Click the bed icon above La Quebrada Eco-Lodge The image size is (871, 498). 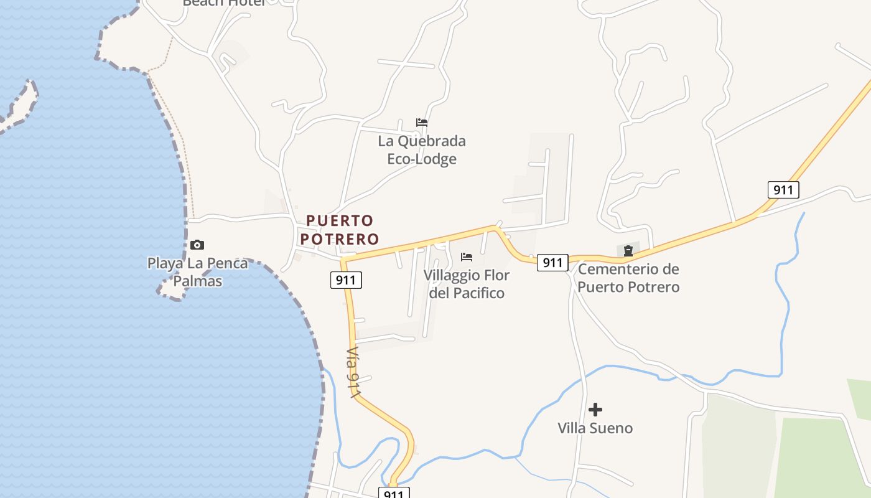[422, 123]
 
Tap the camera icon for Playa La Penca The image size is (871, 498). [197, 245]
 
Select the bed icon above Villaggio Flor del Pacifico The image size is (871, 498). [467, 257]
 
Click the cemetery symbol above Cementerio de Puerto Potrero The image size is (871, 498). [628, 251]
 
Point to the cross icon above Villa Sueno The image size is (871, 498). [595, 410]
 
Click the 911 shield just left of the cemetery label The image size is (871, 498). [552, 263]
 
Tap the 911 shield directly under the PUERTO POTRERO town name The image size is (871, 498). [345, 280]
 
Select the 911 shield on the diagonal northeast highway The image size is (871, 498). [783, 189]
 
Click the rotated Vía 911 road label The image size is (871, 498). [353, 373]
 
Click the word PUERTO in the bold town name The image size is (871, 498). [340, 220]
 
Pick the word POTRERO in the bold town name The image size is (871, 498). [340, 239]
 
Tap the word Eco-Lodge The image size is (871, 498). [422, 159]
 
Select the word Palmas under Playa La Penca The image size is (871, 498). [198, 281]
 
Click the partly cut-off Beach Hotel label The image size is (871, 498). [224, 3]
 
